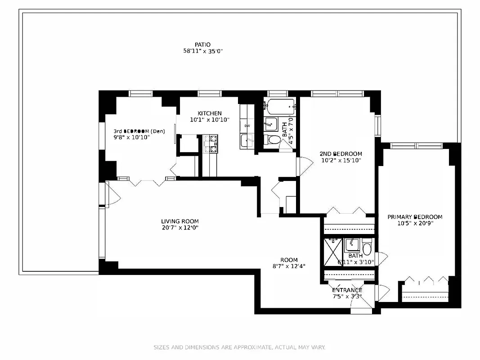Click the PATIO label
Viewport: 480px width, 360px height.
click(202, 45)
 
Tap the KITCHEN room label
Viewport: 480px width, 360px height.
click(209, 113)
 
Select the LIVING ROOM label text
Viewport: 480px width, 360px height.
click(180, 221)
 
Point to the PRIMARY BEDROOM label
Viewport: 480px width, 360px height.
click(415, 217)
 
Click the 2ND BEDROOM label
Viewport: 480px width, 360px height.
click(341, 154)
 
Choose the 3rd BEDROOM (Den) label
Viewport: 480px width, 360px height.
click(139, 131)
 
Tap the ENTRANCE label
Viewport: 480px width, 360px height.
click(347, 290)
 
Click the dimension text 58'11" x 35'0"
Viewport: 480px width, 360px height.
click(202, 51)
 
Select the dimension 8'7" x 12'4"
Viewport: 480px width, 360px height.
click(289, 266)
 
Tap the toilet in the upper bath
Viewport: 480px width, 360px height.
click(273, 139)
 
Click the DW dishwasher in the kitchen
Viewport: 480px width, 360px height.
click(247, 126)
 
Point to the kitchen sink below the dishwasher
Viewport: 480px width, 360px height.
click(247, 140)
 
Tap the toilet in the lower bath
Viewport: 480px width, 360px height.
click(367, 249)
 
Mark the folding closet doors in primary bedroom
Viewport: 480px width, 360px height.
click(425, 281)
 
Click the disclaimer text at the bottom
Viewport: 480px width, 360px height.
click(239, 347)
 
